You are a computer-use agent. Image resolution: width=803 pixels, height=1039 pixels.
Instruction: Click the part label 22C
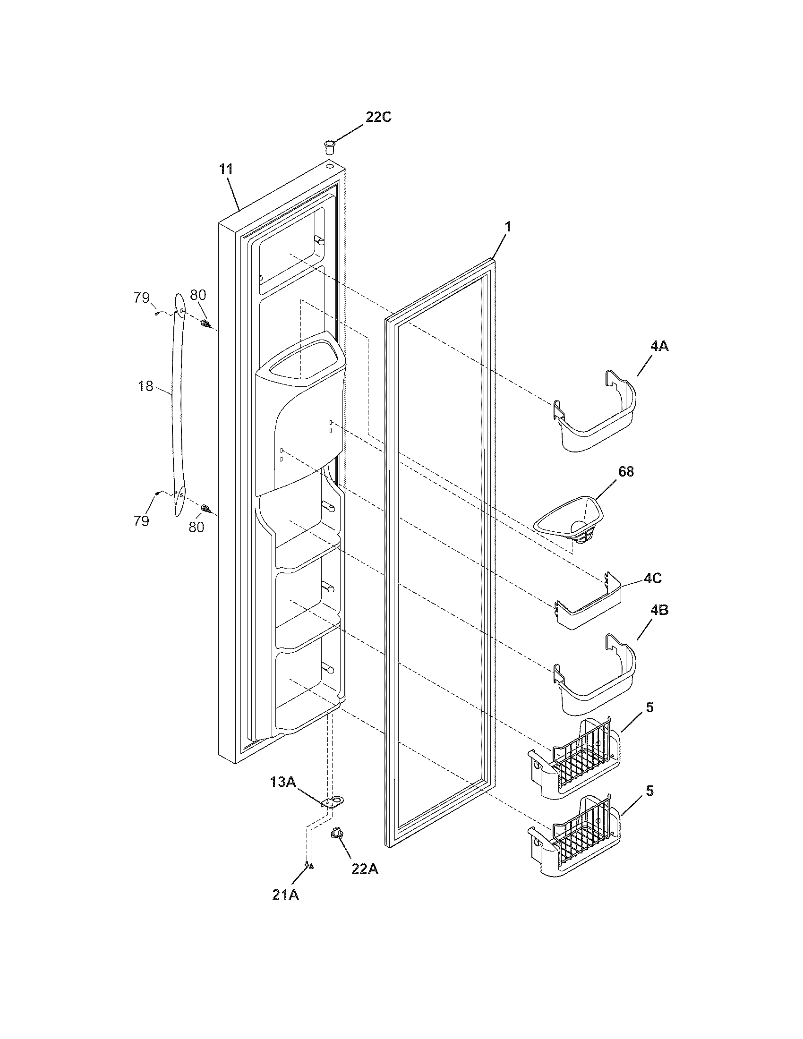[378, 117]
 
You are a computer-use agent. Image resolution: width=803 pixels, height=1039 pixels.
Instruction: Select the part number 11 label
[226, 169]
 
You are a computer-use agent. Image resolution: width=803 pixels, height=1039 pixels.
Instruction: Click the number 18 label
[145, 386]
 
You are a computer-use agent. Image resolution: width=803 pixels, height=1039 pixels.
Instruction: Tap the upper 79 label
[141, 298]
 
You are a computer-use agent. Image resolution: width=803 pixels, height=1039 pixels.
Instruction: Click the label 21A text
[285, 895]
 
